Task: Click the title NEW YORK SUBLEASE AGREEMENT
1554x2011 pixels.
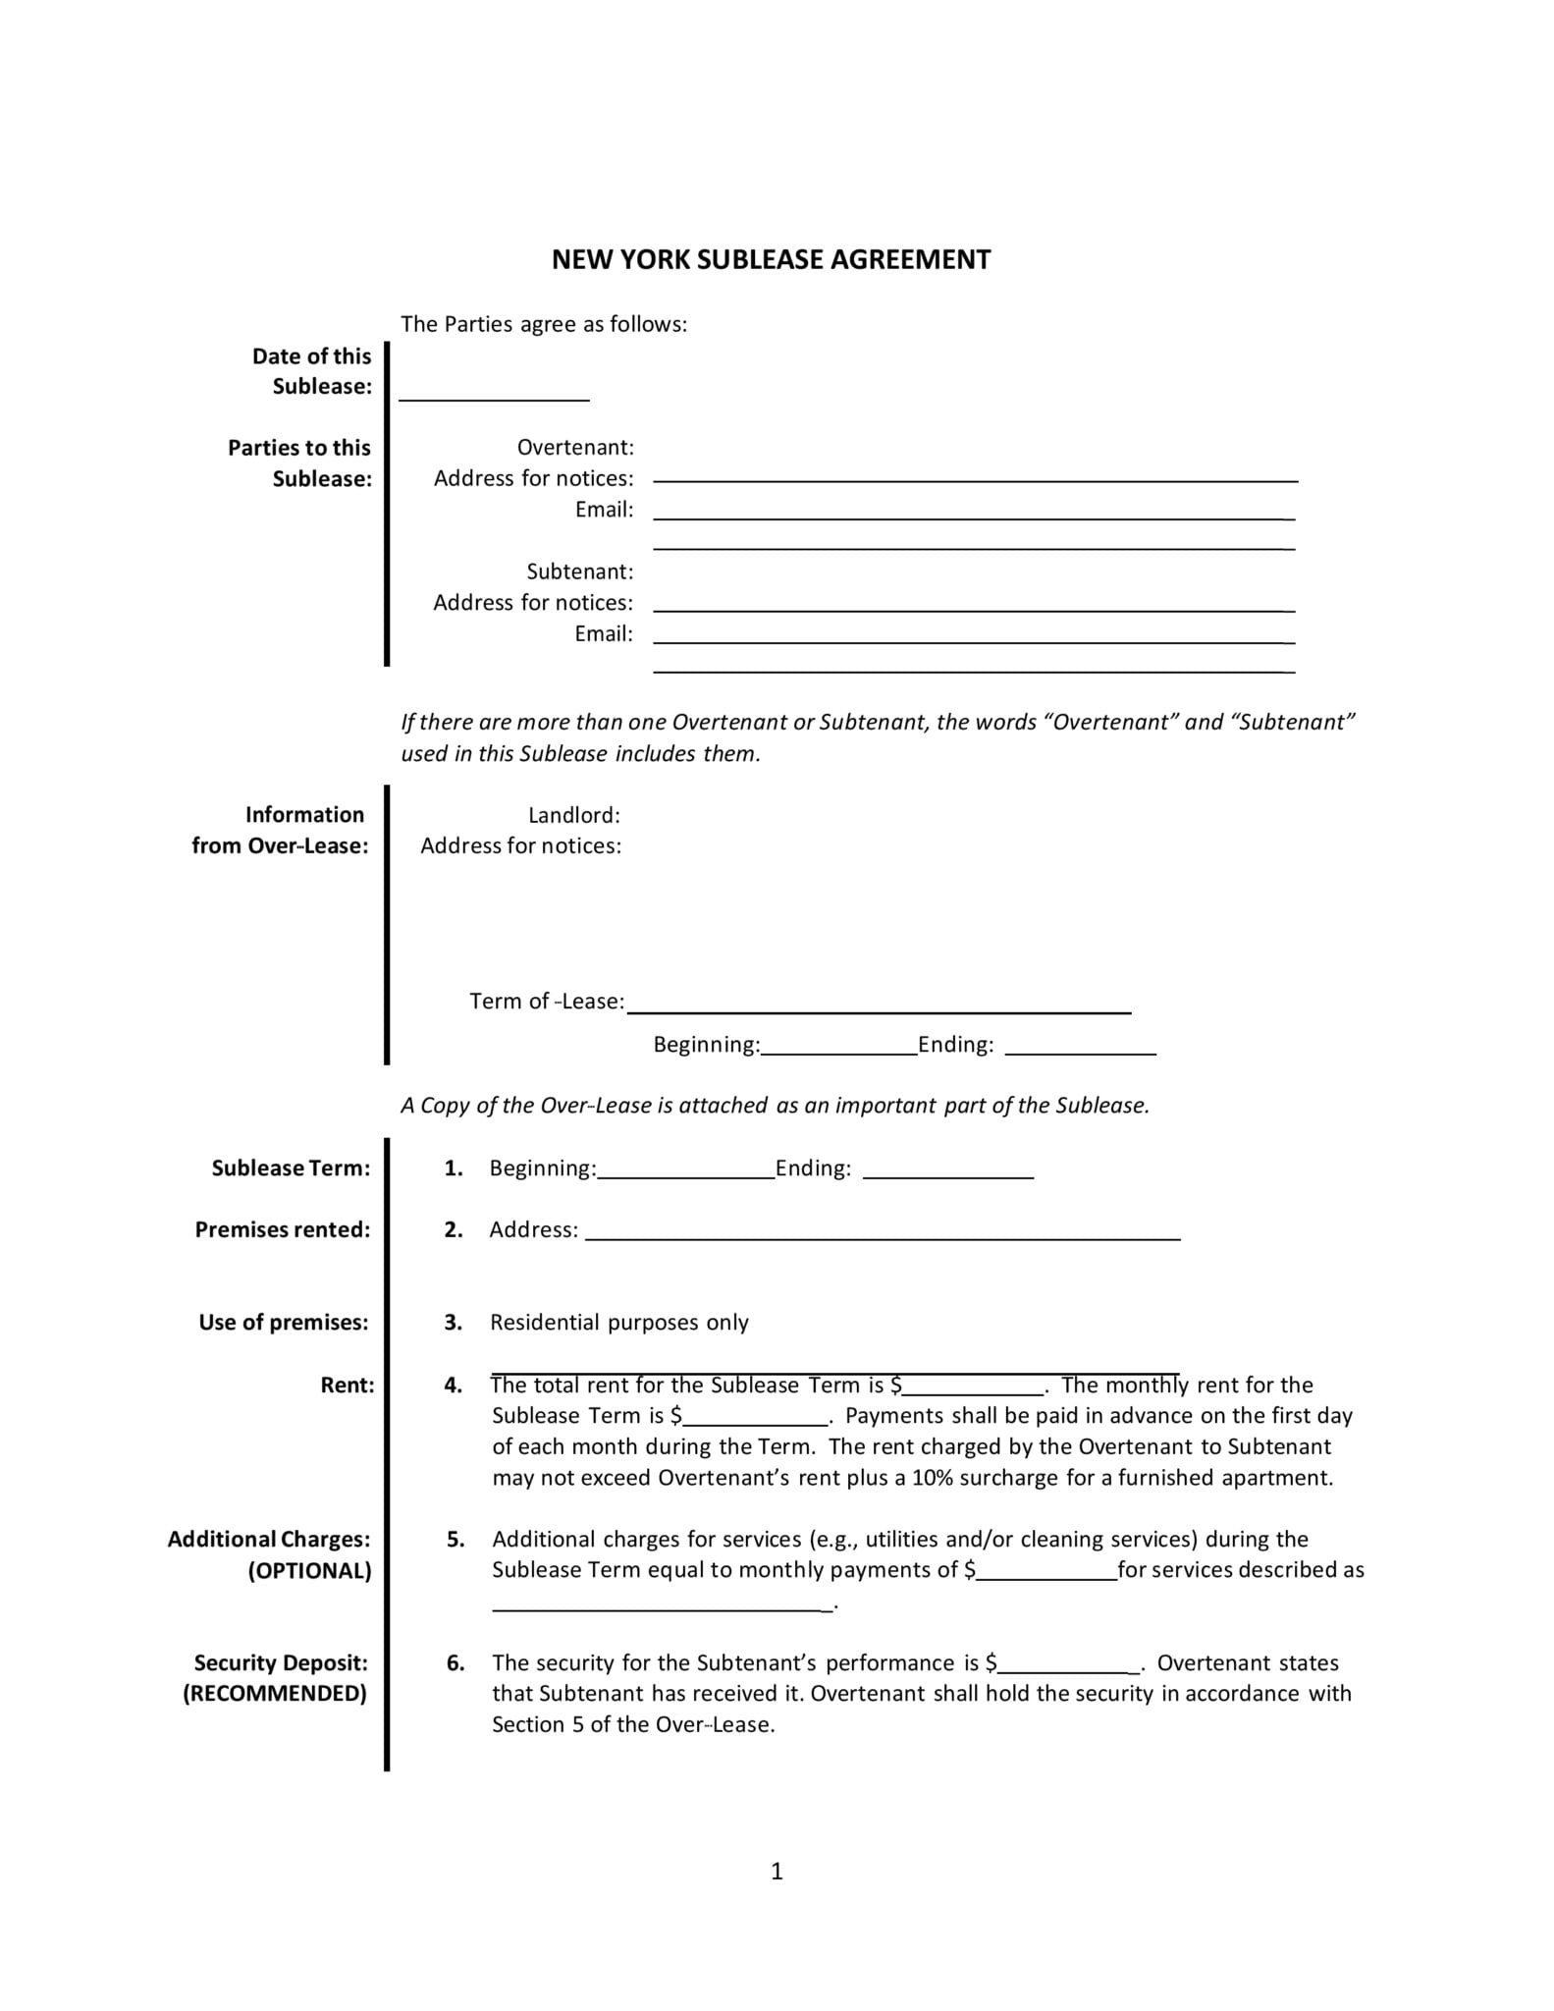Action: point(771,260)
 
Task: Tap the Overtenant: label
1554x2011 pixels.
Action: point(575,448)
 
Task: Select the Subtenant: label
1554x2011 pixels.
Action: point(579,571)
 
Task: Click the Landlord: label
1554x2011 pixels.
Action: point(573,815)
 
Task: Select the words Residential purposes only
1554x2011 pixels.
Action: point(618,1323)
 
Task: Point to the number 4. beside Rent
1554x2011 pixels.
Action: point(453,1386)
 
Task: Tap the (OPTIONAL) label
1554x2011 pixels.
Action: point(309,1570)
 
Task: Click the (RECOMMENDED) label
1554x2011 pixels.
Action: point(275,1694)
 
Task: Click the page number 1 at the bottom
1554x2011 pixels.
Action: point(777,1873)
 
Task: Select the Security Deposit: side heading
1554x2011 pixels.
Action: point(281,1662)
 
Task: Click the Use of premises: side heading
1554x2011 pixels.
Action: point(284,1323)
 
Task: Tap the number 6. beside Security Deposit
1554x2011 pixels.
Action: point(455,1662)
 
